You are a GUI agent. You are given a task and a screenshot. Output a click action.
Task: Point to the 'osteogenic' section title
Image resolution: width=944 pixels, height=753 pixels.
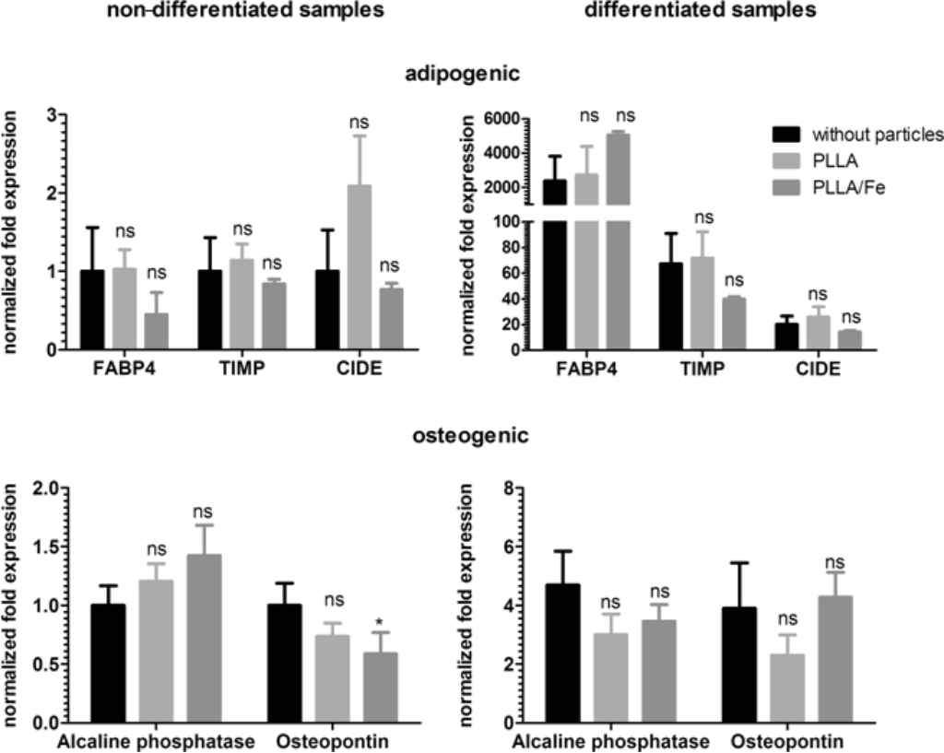coord(471,435)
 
